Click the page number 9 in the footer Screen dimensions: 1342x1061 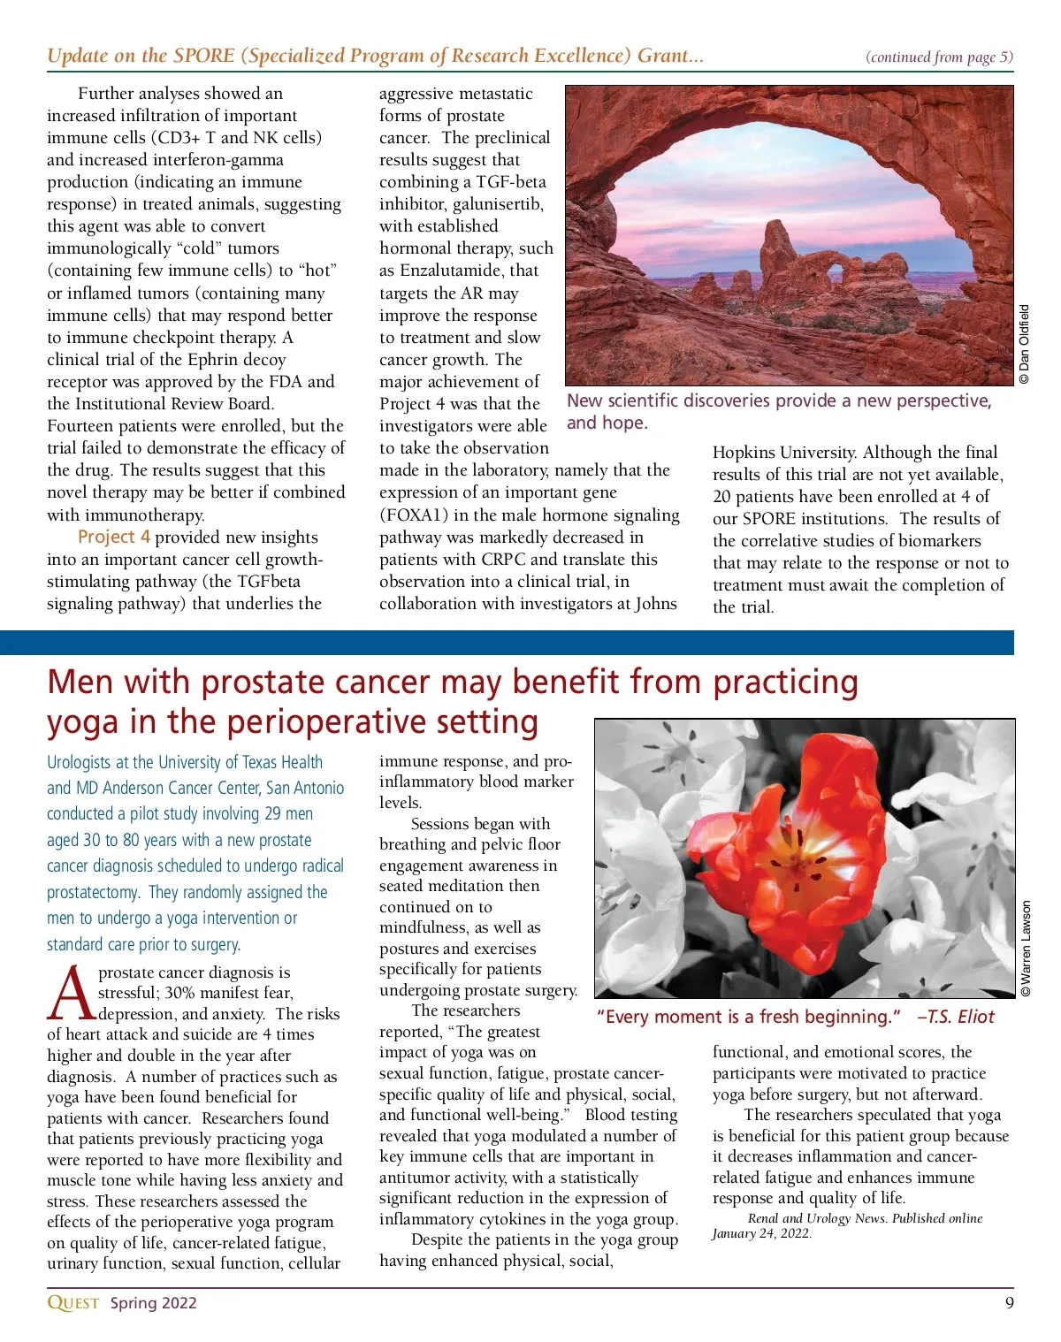click(1009, 1302)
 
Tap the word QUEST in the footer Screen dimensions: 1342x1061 click(73, 1302)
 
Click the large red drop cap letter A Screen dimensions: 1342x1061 click(70, 991)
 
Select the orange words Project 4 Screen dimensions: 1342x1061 click(113, 537)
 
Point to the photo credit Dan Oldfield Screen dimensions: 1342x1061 click(1024, 344)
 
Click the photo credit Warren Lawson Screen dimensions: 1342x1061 click(1026, 949)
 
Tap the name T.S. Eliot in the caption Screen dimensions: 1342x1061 click(960, 1017)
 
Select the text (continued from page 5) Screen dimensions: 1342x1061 click(939, 57)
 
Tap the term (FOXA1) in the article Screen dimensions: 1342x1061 click(417, 515)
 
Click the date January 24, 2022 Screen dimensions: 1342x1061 click(761, 1233)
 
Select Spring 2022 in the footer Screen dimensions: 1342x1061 click(153, 1302)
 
